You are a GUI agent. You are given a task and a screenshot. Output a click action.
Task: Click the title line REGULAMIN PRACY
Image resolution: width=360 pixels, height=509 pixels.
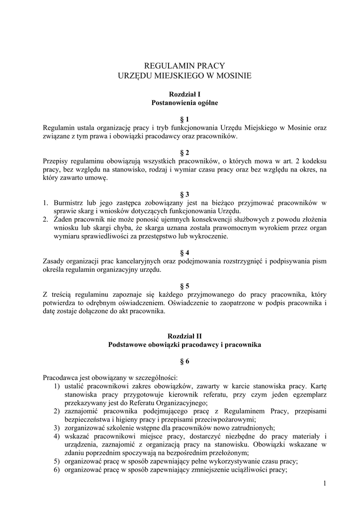(x=184, y=65)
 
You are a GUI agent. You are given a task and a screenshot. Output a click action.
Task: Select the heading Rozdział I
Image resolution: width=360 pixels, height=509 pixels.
(x=184, y=94)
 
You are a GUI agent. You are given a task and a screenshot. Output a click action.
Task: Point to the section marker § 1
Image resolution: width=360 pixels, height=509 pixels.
(x=184, y=119)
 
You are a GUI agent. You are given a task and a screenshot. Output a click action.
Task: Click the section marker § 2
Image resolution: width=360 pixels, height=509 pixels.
(x=184, y=153)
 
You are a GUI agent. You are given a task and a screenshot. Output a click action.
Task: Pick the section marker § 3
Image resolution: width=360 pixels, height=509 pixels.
(x=184, y=194)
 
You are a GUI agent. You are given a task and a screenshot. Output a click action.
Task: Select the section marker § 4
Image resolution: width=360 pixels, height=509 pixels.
(x=184, y=253)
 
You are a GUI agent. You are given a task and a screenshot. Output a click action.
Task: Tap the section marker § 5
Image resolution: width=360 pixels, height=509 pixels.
(x=184, y=286)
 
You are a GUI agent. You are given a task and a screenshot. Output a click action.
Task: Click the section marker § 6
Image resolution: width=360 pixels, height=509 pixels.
(x=184, y=361)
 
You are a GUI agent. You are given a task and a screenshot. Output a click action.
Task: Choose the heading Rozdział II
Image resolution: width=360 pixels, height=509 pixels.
(x=184, y=336)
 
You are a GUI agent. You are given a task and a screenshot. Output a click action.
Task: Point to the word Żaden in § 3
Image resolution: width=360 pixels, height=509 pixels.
(x=63, y=219)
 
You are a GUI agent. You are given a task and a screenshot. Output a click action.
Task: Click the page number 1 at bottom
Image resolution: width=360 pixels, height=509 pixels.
(x=324, y=484)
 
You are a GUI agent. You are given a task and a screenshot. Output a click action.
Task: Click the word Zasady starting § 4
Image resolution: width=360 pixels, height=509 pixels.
(x=54, y=261)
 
